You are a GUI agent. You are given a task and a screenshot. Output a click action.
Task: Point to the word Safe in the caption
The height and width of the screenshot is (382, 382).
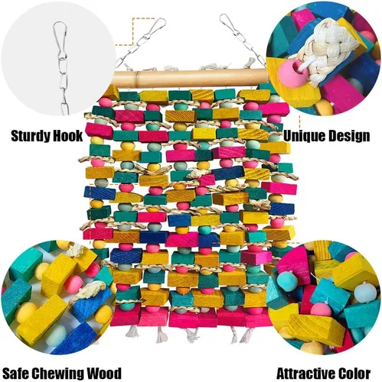tap(16, 373)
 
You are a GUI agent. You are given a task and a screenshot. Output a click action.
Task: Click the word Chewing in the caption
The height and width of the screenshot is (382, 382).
tap(58, 374)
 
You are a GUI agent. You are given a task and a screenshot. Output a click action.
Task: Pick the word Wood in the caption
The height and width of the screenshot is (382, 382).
tap(104, 373)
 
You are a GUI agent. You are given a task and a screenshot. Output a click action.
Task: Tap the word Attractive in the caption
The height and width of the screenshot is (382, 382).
tap(305, 374)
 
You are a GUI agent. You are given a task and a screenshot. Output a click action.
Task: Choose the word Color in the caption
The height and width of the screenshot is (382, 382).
tap(354, 374)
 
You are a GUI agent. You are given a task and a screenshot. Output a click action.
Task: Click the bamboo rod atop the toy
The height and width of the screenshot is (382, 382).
tap(190, 79)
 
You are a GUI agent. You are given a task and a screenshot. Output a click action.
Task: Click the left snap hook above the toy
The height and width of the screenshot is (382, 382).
tap(154, 28)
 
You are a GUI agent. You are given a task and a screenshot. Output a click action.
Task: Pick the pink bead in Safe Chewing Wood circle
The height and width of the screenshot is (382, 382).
tap(73, 284)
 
